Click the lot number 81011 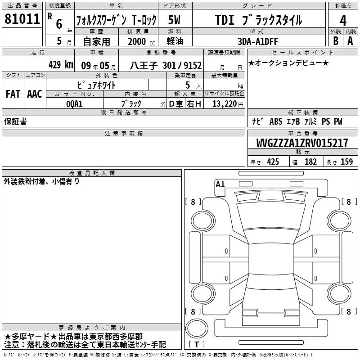(x=22, y=19)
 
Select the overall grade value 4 (x=343, y=21)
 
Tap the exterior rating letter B (x=336, y=41)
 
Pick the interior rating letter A (x=350, y=41)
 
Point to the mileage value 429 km (x=61, y=64)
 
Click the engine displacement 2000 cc (x=141, y=41)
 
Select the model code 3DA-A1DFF (x=257, y=41)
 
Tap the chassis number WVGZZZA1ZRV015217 (x=302, y=143)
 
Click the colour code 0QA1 (x=74, y=104)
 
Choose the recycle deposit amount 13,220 (x=225, y=104)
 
